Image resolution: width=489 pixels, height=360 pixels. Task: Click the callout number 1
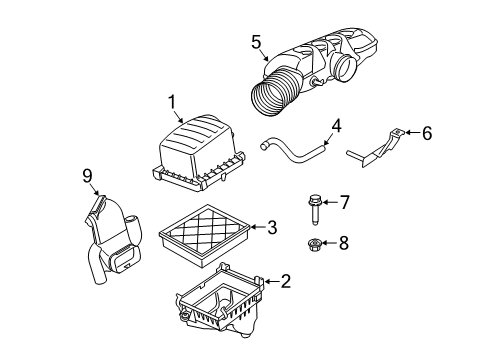point(171,101)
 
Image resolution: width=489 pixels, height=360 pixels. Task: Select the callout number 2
point(286,282)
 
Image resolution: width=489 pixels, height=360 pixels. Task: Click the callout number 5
point(256,41)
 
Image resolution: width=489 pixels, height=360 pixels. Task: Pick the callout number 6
point(427,134)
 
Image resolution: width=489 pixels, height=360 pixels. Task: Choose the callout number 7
point(344,204)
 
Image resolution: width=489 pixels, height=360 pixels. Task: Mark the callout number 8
point(345,241)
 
